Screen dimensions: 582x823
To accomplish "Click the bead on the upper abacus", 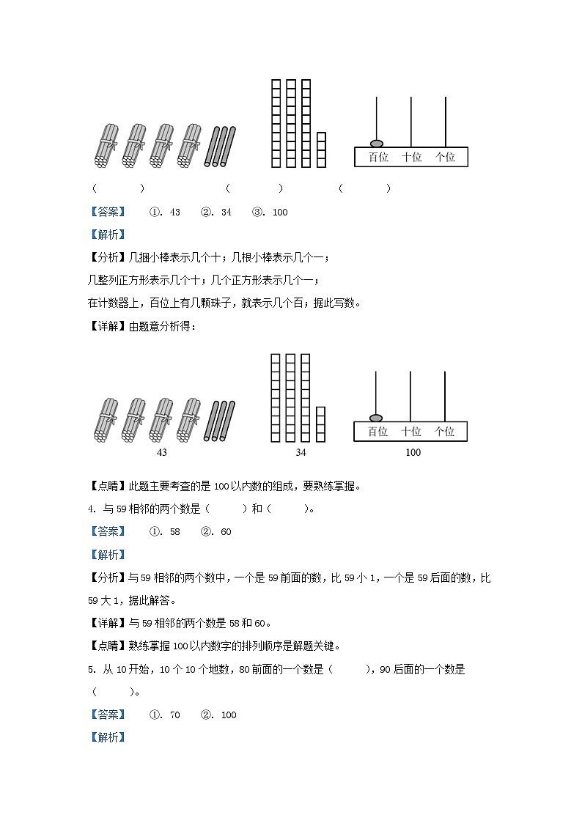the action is (377, 143).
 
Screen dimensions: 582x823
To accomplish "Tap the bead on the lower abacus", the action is (376, 418).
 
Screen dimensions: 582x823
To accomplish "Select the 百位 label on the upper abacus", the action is (378, 157).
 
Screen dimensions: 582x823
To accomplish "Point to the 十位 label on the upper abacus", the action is (412, 157).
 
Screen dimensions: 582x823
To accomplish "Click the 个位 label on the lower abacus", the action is (444, 432).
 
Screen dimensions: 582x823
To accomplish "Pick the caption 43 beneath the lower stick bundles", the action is (162, 452).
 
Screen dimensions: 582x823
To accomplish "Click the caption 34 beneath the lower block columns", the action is (301, 452).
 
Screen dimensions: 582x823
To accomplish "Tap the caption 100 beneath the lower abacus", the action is (413, 452).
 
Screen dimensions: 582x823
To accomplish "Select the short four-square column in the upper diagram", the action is (321, 150).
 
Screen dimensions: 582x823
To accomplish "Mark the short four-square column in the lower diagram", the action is (320, 424).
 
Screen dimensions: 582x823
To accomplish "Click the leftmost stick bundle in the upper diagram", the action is (107, 146).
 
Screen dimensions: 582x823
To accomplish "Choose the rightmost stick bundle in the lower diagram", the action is (190, 420).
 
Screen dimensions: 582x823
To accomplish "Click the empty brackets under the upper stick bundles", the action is (118, 188).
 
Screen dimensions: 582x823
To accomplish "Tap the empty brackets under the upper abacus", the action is (364, 188).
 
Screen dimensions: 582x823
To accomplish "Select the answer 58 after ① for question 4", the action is (174, 531).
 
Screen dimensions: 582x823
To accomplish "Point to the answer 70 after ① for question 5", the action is (174, 715).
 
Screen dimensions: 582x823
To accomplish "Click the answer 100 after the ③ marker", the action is (279, 212).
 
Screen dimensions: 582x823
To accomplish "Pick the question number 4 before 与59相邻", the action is (90, 509).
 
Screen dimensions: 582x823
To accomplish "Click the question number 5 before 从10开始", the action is (90, 669).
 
